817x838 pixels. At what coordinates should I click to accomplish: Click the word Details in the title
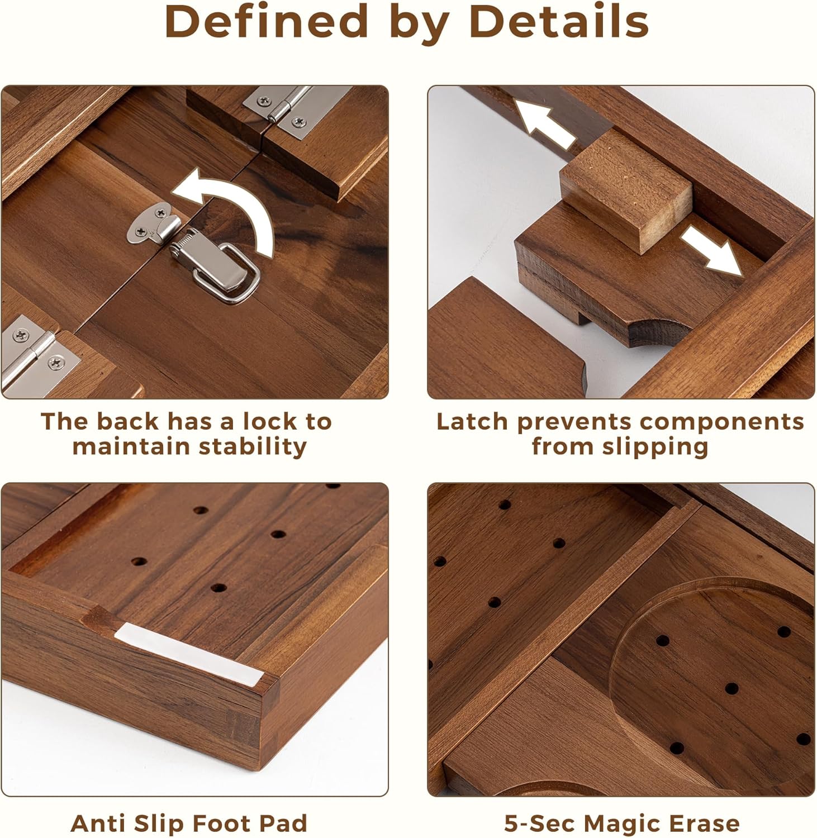tap(559, 22)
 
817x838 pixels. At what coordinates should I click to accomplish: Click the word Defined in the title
tap(266, 22)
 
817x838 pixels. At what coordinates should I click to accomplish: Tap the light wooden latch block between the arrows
tap(626, 187)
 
